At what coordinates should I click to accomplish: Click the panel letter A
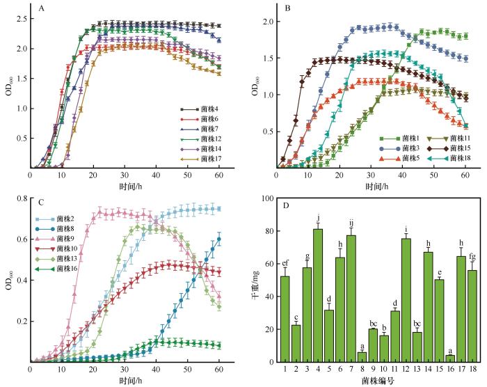click(42, 9)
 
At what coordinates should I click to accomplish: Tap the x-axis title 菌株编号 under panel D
click(372, 380)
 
